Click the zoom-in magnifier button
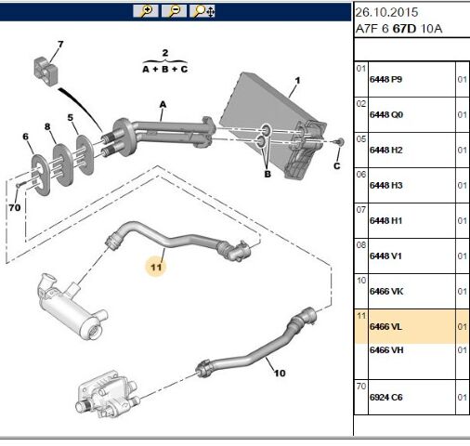[146, 11]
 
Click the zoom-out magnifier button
[174, 11]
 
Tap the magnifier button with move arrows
[202, 11]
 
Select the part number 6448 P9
[385, 79]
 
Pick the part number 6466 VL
[385, 326]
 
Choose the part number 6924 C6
[385, 397]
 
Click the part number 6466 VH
[386, 350]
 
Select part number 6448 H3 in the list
[385, 185]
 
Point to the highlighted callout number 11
[156, 267]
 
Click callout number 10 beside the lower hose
[280, 373]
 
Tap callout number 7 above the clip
[60, 45]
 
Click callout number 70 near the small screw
[15, 207]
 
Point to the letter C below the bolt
[337, 166]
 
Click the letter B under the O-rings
[268, 174]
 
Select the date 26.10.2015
[386, 12]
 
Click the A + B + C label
[165, 69]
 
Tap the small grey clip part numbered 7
[46, 72]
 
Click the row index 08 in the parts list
[361, 245]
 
